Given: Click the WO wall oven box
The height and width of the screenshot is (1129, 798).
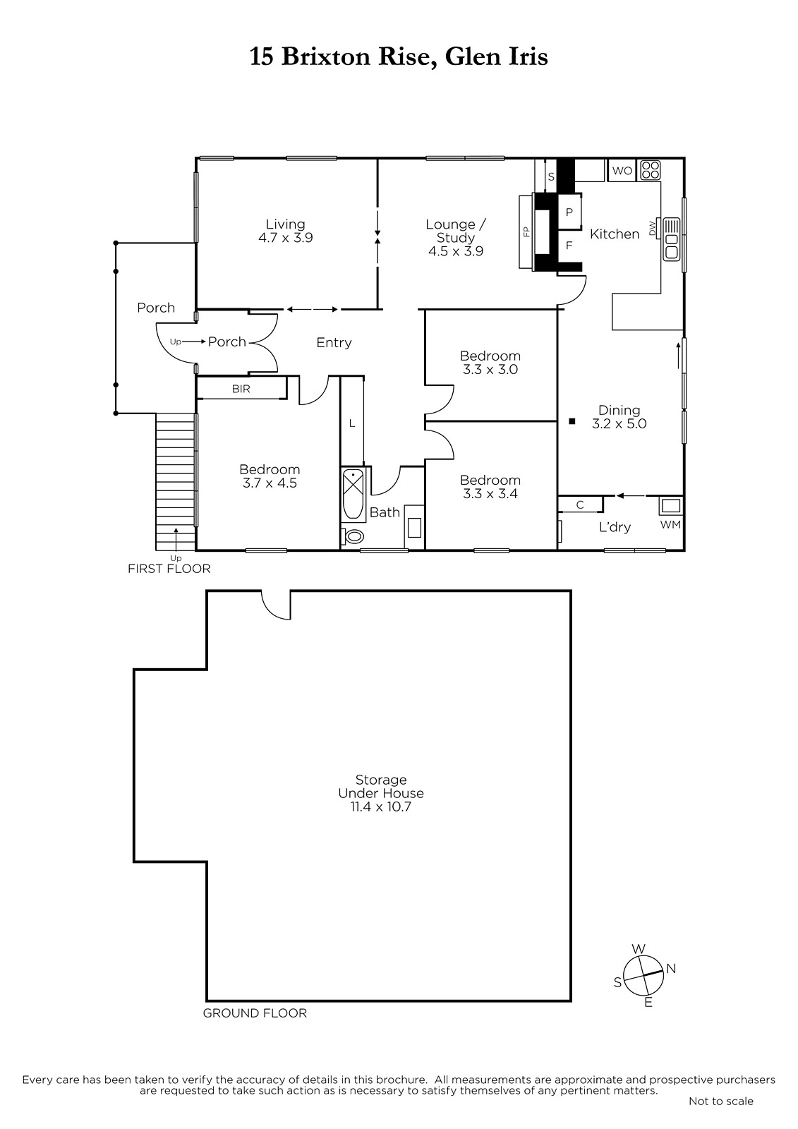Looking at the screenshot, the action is [x=622, y=170].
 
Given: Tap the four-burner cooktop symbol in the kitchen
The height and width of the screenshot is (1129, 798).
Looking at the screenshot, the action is [x=651, y=170].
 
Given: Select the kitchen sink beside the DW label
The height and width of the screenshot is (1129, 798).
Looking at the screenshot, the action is [x=671, y=239].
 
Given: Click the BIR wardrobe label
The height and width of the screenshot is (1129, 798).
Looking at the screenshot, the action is [x=241, y=389].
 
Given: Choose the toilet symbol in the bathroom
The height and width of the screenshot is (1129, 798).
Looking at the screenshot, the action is [x=352, y=536].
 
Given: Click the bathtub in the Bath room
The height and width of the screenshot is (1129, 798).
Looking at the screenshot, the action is [x=353, y=495].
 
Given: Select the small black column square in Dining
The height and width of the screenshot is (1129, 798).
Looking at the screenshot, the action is [x=572, y=421].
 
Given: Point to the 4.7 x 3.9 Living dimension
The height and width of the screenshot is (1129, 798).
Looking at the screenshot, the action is [x=285, y=238].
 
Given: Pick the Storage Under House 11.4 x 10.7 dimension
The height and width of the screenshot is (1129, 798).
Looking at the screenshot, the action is [x=380, y=807].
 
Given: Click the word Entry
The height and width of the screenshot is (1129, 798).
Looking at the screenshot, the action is [x=334, y=343].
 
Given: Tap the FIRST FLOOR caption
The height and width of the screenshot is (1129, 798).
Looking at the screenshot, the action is [x=169, y=569].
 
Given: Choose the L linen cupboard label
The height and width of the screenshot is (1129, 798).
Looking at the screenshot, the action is [x=352, y=424].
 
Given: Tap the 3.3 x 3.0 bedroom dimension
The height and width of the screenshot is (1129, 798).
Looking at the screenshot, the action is [x=490, y=370].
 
